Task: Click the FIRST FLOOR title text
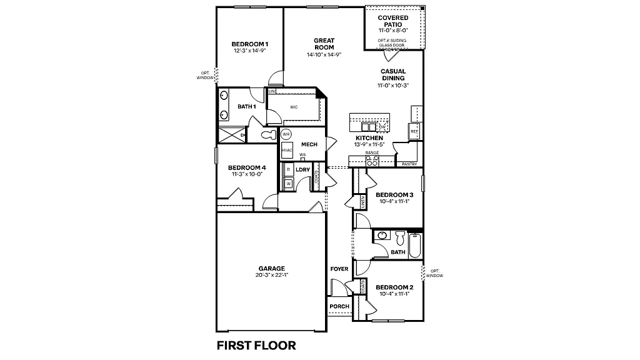[x=256, y=345]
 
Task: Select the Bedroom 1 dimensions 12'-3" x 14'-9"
[x=249, y=51]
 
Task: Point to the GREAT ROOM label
[x=324, y=44]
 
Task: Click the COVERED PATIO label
[x=393, y=21]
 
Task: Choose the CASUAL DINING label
[x=393, y=75]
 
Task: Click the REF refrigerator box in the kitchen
[x=414, y=131]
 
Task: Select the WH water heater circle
[x=286, y=134]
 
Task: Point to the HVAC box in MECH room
[x=287, y=151]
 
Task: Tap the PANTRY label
[x=410, y=164]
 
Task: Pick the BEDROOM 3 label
[x=394, y=195]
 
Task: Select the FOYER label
[x=339, y=269]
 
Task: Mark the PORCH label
[x=339, y=306]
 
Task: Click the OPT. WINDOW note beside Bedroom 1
[x=204, y=75]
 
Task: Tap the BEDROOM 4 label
[x=247, y=167]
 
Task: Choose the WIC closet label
[x=294, y=107]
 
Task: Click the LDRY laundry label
[x=302, y=169]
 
